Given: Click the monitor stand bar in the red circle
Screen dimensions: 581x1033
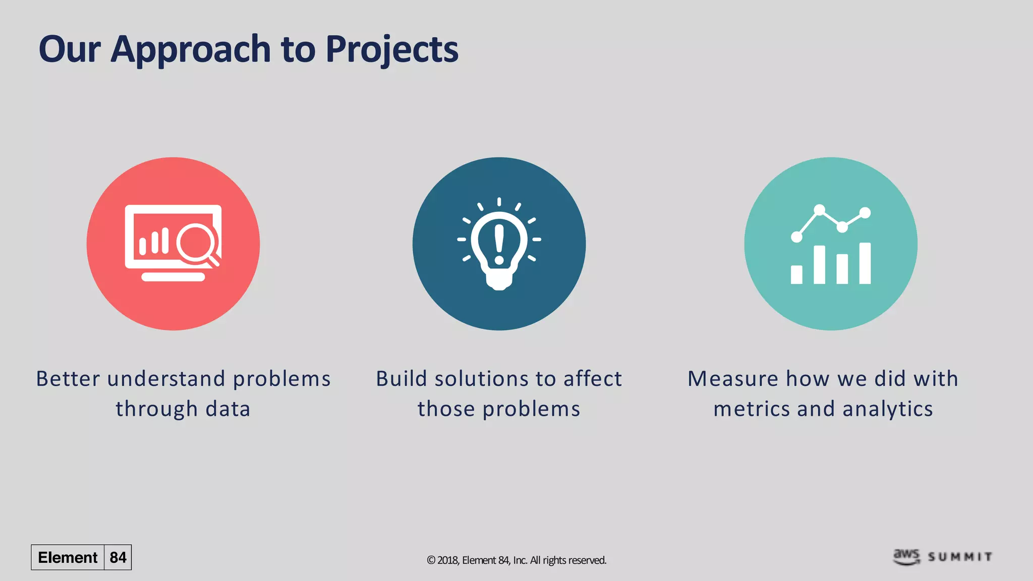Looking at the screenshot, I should point(173,277).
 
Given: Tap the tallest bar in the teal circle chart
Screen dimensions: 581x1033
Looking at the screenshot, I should point(865,263).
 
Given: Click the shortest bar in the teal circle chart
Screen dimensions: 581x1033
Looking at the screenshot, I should point(796,275).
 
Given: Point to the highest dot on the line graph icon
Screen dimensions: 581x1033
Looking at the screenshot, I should point(820,209).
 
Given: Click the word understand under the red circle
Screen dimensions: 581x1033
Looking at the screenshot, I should point(166,379).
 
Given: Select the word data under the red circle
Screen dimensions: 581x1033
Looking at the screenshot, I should point(228,409).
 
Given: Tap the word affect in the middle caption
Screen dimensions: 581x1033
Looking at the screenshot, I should point(593,379).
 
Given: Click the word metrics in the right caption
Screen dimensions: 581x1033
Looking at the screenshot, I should point(752,409).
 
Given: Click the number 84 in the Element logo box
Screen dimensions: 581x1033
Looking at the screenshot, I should point(118,557).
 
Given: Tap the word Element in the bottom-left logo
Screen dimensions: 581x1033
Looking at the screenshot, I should point(68,557).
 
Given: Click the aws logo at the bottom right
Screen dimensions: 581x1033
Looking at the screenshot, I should point(906,556).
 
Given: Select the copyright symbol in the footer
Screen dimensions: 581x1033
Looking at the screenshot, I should point(431,560).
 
